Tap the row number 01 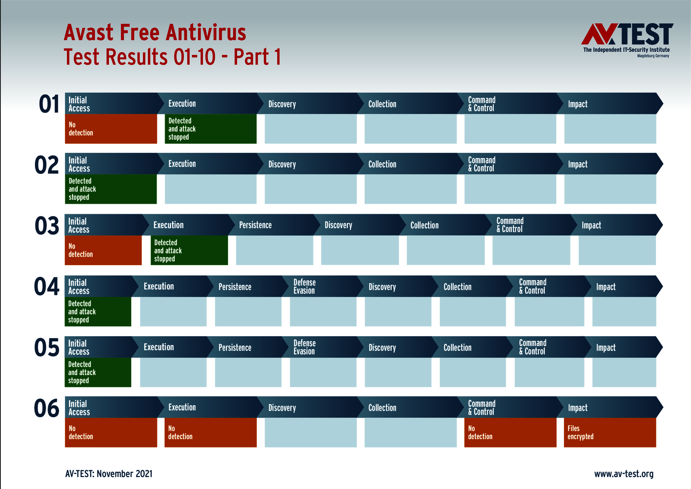point(49,104)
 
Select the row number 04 point(47,287)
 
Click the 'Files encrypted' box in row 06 point(610,433)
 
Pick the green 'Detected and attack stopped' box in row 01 point(211,129)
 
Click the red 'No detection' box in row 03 point(103,250)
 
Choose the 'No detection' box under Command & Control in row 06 point(510,433)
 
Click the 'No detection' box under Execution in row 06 point(211,433)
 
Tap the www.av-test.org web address point(624,474)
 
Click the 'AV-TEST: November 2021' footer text point(109,474)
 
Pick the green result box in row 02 point(111,189)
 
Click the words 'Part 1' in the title point(257,57)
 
